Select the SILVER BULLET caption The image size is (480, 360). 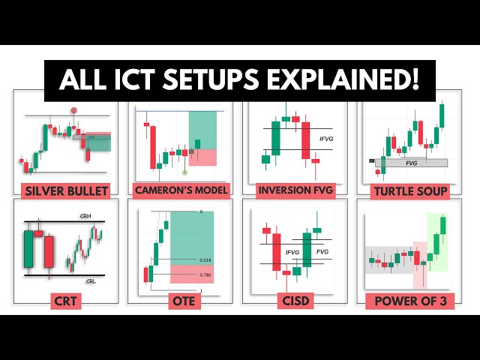coord(66,190)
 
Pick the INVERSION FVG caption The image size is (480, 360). coord(295,190)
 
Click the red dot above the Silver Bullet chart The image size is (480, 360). coord(74,110)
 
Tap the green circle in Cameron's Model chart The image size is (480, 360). coord(184,172)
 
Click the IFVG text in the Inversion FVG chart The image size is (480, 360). coord(327,139)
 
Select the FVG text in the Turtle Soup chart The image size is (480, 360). coord(412,162)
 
